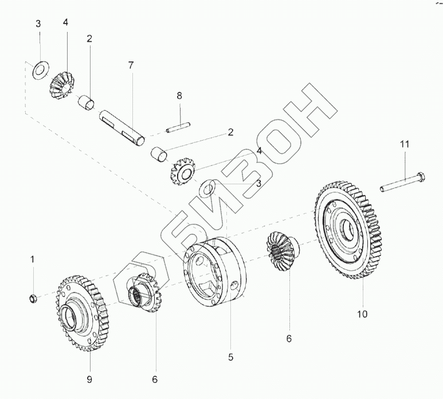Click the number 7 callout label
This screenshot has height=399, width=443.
coord(131,65)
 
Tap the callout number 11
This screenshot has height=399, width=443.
coord(405,145)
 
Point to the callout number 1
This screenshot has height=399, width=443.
coord(33,260)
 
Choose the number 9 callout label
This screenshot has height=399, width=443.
coord(89,379)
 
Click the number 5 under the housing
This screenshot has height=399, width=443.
coord(231,358)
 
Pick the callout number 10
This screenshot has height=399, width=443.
coord(362,313)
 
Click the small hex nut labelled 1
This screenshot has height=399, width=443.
coord(33,298)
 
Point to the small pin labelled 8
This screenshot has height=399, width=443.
coord(177,128)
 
